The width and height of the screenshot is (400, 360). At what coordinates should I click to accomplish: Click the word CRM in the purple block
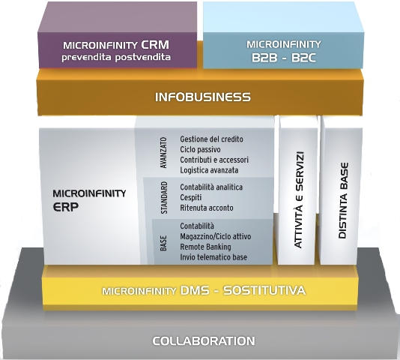pos(155,45)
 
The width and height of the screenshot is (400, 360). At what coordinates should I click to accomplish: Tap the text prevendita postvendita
pos(116,57)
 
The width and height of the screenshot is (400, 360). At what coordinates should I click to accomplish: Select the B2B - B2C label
pos(284,58)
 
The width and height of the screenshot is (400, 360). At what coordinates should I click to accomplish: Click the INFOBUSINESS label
pos(203,97)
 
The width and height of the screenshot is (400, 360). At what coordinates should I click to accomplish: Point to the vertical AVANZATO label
pos(164,153)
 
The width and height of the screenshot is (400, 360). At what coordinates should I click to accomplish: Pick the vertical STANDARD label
pos(164,197)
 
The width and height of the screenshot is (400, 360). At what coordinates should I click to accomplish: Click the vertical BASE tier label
pos(163,243)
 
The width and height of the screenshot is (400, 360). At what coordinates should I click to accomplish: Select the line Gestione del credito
pos(211,139)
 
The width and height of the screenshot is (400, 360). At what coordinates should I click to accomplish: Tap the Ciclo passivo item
pos(200,150)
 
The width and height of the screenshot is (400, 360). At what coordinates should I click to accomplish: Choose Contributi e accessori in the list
pos(214,160)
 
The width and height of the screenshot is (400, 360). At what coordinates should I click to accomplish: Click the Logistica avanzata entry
pos(209,170)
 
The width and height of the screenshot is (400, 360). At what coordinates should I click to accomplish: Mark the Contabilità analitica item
pos(211,187)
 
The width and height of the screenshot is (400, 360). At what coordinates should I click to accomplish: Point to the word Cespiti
pos(191,198)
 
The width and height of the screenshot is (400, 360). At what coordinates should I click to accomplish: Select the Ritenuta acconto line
pos(207,208)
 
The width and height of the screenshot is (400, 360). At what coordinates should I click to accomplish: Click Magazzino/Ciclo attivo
pos(215,236)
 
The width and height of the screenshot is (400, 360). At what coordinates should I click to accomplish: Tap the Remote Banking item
pos(205,247)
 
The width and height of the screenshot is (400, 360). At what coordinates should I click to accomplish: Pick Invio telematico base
pos(213,257)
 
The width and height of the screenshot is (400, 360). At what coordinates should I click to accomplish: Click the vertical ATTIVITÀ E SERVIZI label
pos(299,199)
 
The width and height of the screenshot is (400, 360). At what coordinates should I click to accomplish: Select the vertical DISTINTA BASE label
pos(343,200)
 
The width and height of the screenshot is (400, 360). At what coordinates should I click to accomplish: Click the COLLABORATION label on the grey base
pos(204,340)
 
